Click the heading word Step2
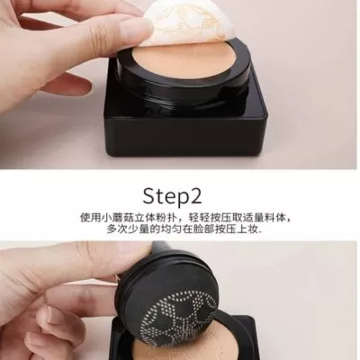tap(172, 196)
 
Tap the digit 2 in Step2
tap(196, 195)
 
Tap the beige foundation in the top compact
tap(183, 62)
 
